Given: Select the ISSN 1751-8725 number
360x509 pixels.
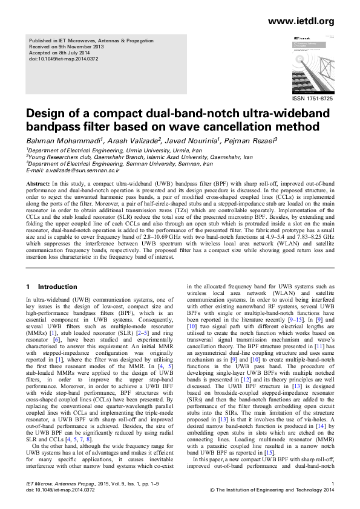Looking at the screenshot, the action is [x=312, y=98].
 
